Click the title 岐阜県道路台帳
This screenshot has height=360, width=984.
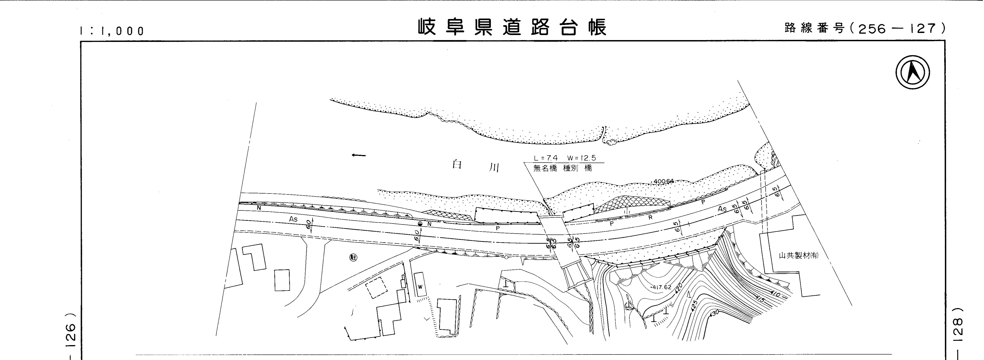(x=512, y=27)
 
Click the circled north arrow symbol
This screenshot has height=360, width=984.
(x=913, y=73)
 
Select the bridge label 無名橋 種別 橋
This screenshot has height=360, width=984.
(x=562, y=168)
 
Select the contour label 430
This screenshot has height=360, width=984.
(x=713, y=313)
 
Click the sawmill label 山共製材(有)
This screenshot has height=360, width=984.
(x=798, y=256)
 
